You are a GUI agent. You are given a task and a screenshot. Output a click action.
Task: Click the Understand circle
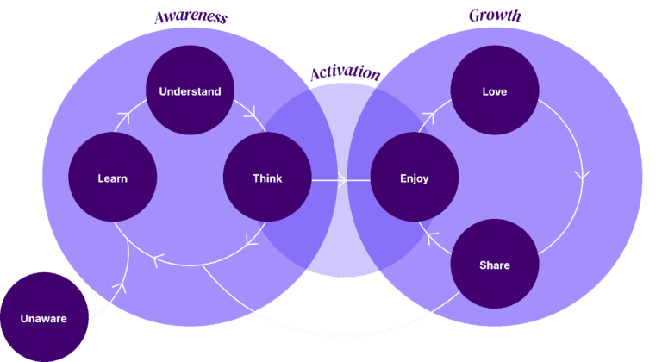click(190, 90)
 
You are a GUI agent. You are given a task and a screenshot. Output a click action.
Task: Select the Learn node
click(113, 177)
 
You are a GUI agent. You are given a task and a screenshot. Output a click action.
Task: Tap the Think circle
click(267, 177)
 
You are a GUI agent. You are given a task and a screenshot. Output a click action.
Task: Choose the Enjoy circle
click(414, 177)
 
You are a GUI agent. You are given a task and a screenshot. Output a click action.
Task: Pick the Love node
click(495, 90)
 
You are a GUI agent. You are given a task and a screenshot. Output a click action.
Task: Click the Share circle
click(495, 264)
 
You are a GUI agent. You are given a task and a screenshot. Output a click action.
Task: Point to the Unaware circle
click(44, 317)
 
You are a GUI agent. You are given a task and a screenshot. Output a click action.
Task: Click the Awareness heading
click(190, 17)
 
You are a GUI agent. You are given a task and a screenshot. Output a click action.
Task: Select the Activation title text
click(346, 72)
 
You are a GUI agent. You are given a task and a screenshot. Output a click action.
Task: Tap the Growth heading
click(495, 16)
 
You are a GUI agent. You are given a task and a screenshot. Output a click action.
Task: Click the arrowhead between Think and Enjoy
click(342, 180)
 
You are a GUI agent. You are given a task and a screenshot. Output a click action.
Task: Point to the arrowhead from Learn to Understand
click(124, 116)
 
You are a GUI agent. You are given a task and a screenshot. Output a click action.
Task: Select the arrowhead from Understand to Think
click(251, 112)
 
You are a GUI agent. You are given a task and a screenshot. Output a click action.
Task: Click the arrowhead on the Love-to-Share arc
click(582, 175)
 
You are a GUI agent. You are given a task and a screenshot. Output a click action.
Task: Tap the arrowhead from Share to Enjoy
click(432, 237)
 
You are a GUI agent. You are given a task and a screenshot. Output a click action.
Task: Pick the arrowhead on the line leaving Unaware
click(121, 287)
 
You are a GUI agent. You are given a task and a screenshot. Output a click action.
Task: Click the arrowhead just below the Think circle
click(252, 240)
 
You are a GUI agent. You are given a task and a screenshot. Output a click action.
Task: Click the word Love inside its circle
click(495, 91)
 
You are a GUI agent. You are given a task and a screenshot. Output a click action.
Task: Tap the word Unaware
click(44, 319)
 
